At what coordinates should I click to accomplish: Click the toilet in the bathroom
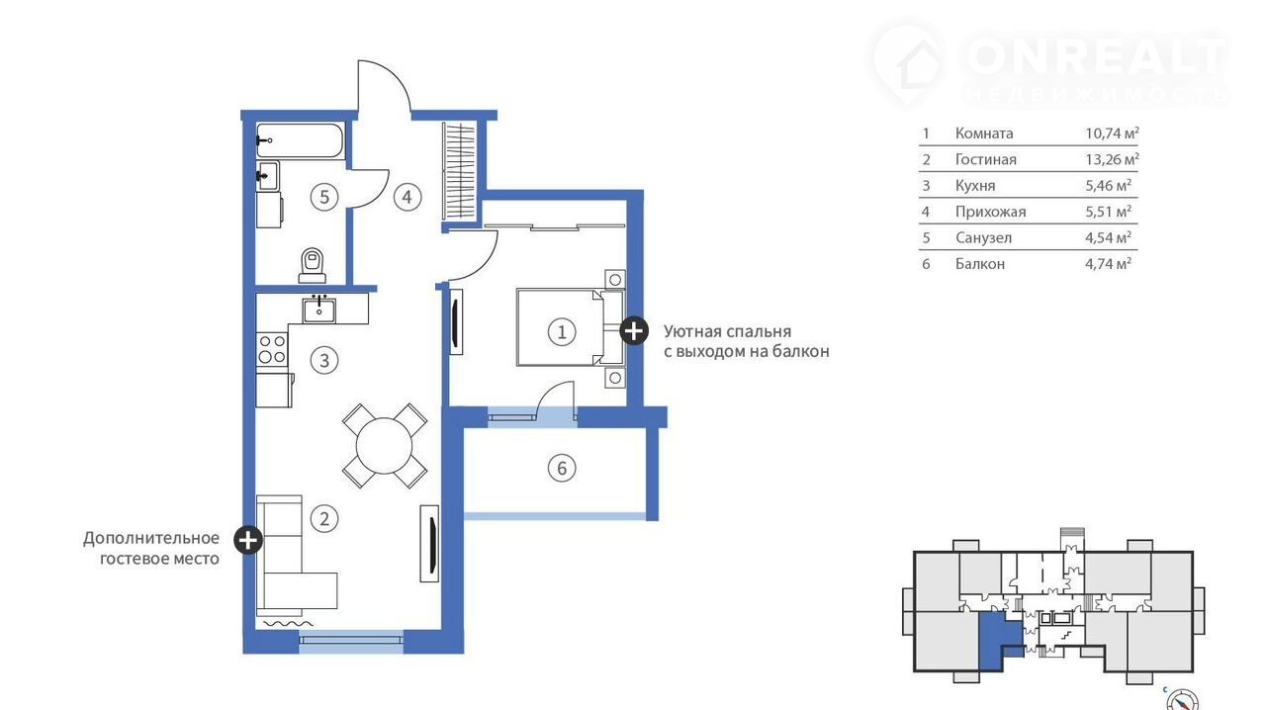(313, 265)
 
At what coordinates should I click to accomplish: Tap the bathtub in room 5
(300, 140)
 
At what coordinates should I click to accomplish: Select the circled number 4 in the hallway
(407, 198)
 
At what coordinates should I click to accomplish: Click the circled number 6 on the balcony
(562, 468)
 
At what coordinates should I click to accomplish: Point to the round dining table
(385, 446)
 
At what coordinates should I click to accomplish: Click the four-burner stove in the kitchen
(272, 349)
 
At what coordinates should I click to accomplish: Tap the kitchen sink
(319, 311)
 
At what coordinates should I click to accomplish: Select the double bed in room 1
(571, 327)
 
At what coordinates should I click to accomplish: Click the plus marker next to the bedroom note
(634, 330)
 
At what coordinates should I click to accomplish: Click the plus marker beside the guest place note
(248, 541)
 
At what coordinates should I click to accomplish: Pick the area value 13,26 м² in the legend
(1112, 159)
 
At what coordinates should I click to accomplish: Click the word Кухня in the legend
(975, 186)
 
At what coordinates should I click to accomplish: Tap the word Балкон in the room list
(980, 264)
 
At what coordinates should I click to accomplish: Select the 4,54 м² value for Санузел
(1108, 237)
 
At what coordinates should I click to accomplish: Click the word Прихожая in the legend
(990, 212)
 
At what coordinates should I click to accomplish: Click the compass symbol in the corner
(1182, 700)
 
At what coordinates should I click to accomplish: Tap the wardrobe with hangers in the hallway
(459, 171)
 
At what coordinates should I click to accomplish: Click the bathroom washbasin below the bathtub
(267, 176)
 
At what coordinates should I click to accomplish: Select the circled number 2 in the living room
(324, 519)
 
